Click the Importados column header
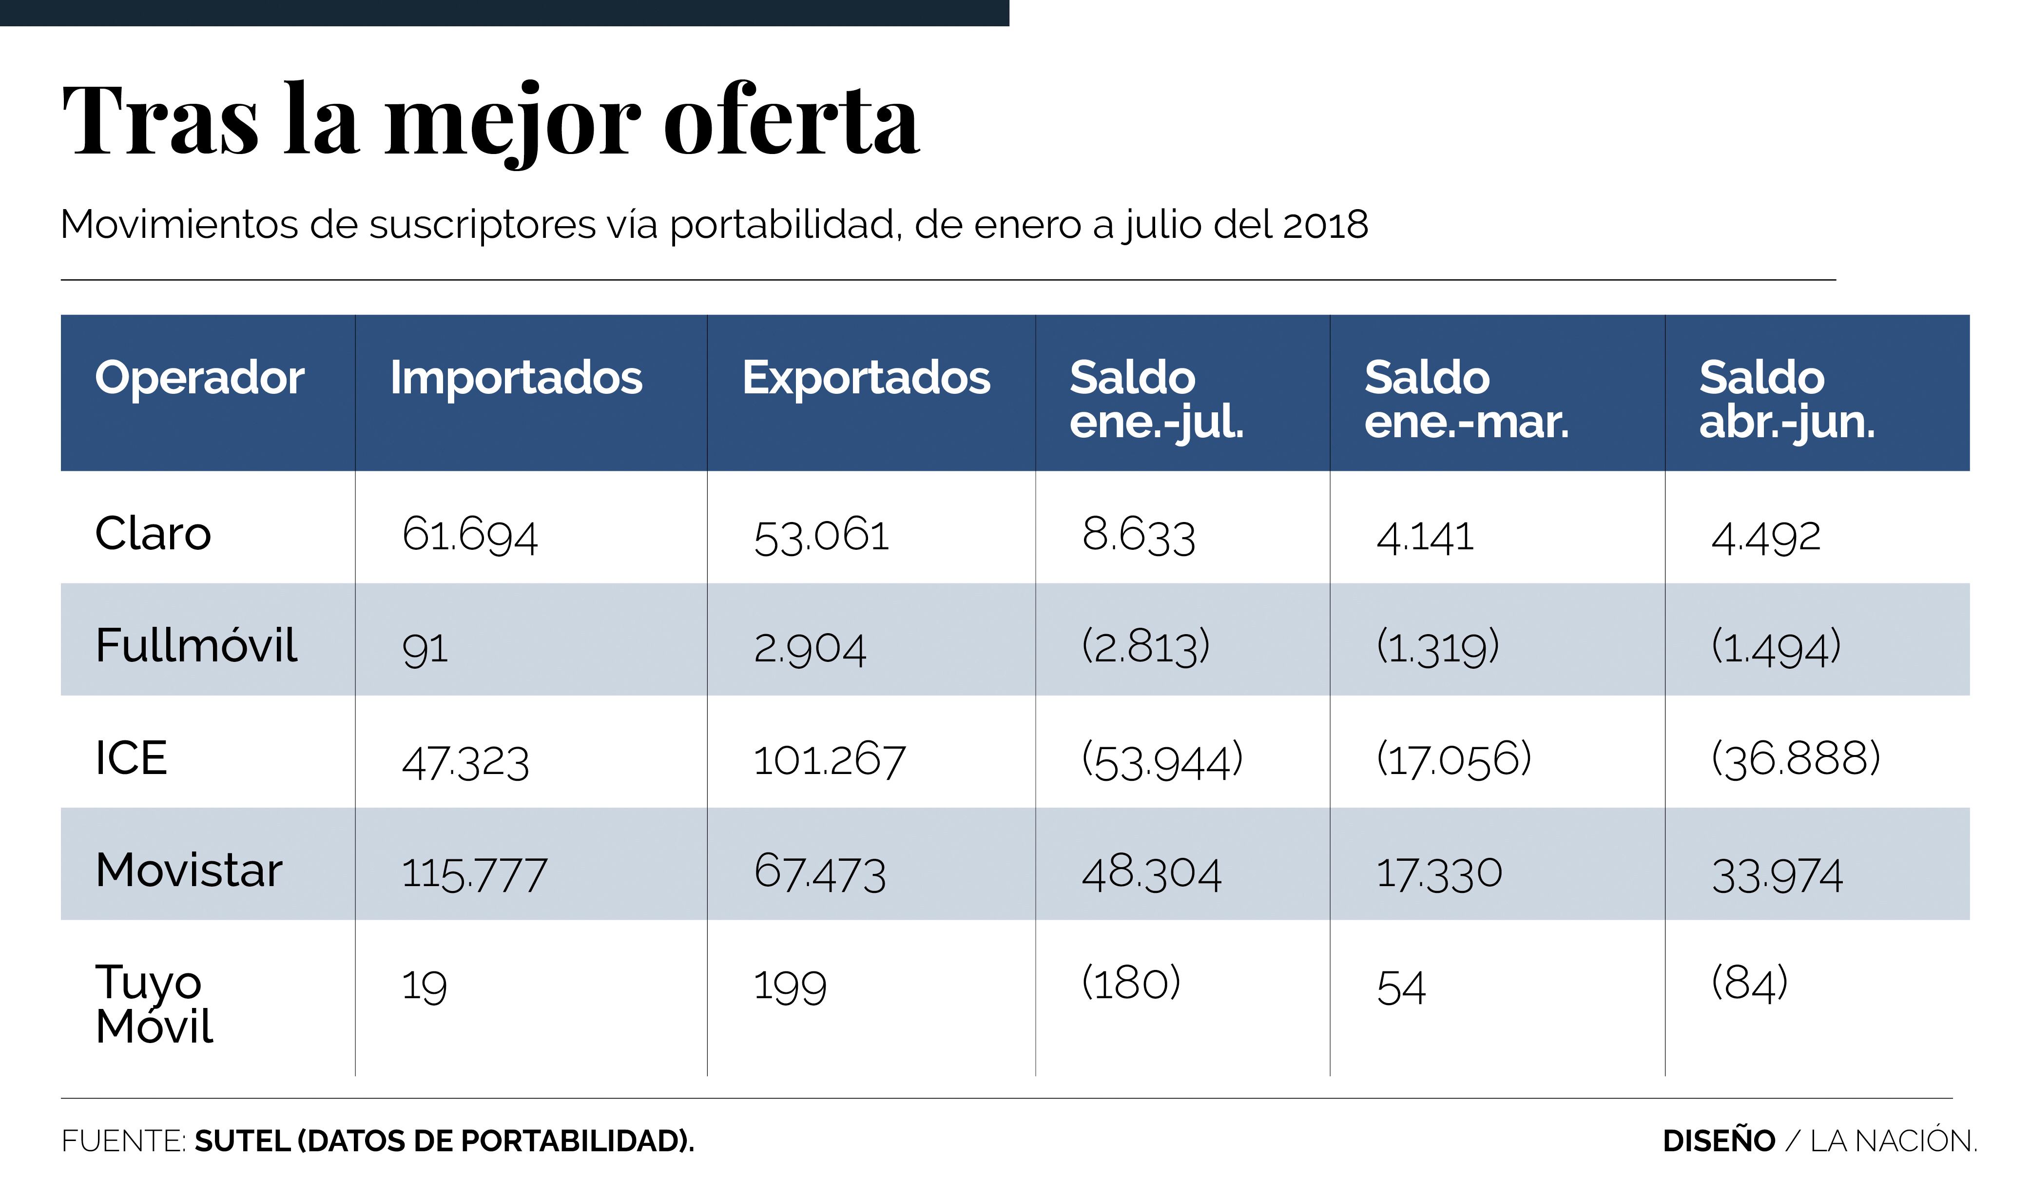point(516,378)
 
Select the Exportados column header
point(866,378)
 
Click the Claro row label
point(153,534)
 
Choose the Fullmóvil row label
point(196,645)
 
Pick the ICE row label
point(131,758)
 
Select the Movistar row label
point(189,870)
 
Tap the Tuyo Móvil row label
point(154,1004)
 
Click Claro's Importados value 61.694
point(470,535)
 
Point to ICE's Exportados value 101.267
point(830,760)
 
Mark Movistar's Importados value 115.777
point(475,874)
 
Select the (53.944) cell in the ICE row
point(1162,760)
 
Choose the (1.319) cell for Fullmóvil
point(1437,647)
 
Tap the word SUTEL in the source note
point(243,1141)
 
